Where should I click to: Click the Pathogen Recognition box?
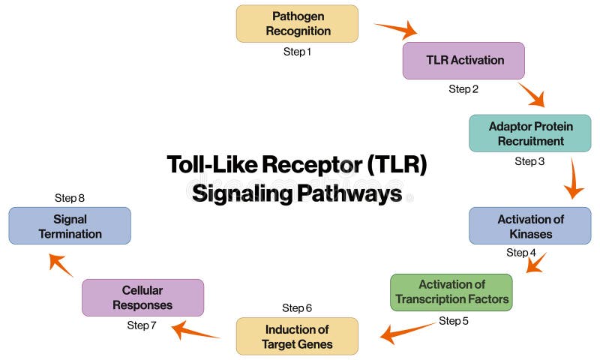pos(297,24)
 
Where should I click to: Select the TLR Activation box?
pos(463,61)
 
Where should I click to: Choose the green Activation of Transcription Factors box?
pos(451,292)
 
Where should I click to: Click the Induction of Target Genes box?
pos(297,337)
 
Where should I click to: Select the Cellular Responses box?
pos(142,298)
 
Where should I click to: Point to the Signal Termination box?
pos(70,226)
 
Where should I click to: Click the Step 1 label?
pos(297,52)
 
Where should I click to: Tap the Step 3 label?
pos(529,161)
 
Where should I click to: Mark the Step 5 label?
pos(454,321)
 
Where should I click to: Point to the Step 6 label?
pos(297,308)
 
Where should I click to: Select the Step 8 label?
pos(70,198)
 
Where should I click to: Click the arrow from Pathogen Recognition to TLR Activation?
pos(396,30)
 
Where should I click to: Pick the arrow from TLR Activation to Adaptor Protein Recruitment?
pos(531,94)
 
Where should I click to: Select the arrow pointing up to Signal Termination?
pos(61,264)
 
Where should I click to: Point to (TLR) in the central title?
pos(397,164)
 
